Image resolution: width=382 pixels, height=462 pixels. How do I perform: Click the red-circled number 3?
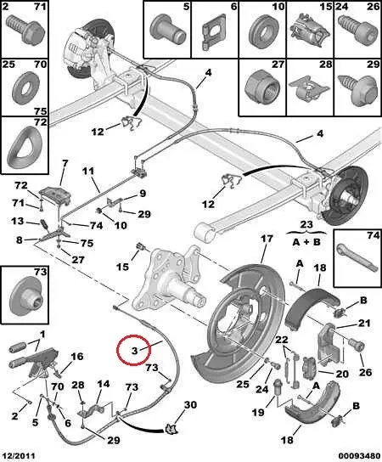[x=134, y=350]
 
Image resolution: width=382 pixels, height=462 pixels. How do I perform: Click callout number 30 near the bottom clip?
[x=191, y=405]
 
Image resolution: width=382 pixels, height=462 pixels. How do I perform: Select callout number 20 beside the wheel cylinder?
[x=342, y=373]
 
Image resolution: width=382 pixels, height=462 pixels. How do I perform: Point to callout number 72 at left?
[x=20, y=184]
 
